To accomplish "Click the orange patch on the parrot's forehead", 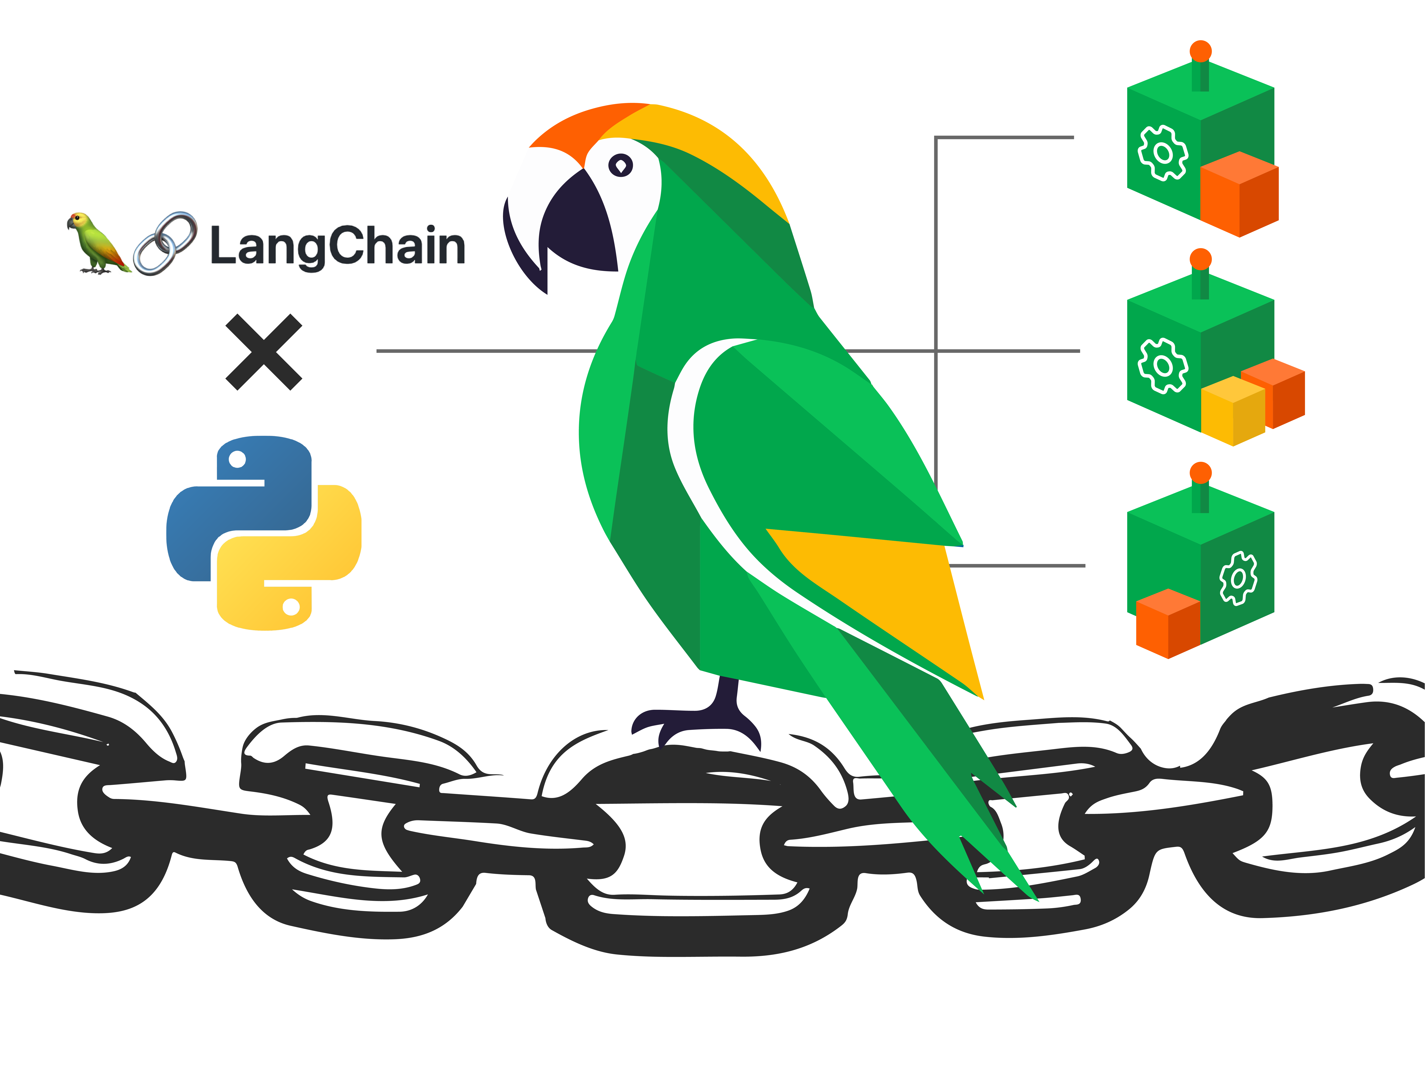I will pyautogui.click(x=580, y=129).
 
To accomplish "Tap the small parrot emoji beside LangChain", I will pyautogui.click(x=97, y=244).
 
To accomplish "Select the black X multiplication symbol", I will pyautogui.click(x=264, y=352).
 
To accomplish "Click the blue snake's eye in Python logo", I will pyautogui.click(x=237, y=459).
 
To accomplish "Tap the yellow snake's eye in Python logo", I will pyautogui.click(x=291, y=606).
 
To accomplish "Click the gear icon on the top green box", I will pyautogui.click(x=1163, y=153).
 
